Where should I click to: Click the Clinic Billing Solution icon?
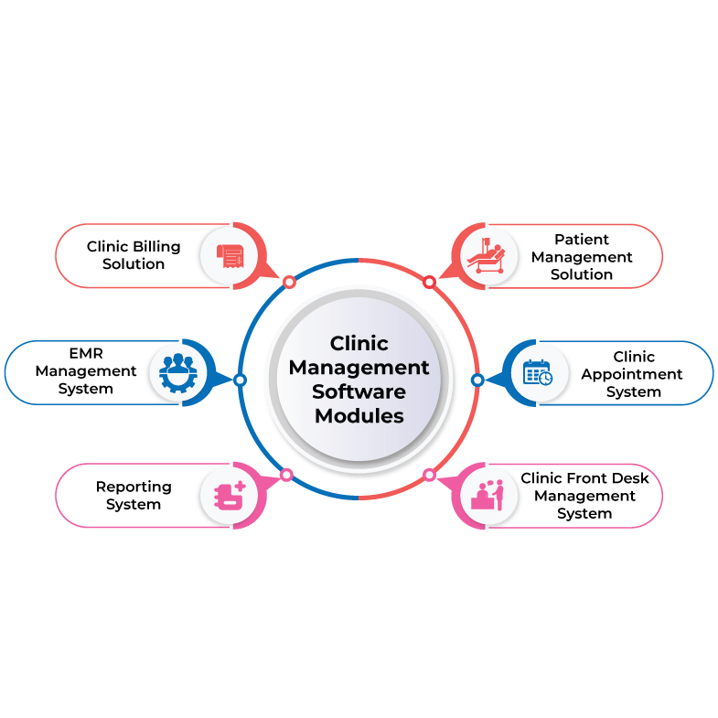(229, 255)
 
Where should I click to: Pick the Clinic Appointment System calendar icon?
(537, 373)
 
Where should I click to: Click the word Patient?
(582, 240)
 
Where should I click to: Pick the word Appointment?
(632, 374)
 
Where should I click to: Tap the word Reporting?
(133, 487)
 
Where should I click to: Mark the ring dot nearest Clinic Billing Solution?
(289, 282)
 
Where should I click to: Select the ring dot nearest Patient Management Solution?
(429, 282)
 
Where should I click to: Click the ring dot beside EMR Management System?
(240, 380)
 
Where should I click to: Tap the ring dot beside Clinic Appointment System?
(477, 380)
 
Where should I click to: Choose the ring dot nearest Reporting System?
(286, 475)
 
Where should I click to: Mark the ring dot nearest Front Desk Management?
(428, 475)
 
